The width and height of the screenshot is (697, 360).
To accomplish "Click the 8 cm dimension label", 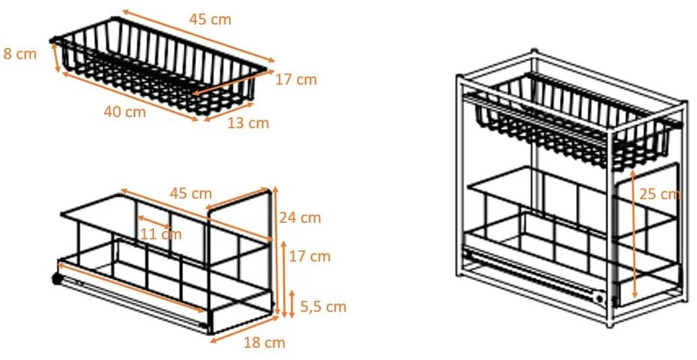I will [20, 54].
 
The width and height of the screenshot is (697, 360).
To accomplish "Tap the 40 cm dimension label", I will [124, 112].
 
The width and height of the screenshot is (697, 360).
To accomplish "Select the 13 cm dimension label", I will [248, 122].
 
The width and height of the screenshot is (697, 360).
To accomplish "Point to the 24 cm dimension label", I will [300, 218].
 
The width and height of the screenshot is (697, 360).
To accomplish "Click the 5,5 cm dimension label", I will [322, 306].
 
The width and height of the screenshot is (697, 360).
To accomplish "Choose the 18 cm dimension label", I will [264, 342].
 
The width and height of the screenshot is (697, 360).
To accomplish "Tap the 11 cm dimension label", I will [162, 234].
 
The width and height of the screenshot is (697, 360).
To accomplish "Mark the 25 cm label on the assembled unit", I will [659, 194].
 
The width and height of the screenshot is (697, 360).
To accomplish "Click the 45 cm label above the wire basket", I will [210, 19].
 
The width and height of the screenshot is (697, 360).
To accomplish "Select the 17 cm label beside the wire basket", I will [296, 79].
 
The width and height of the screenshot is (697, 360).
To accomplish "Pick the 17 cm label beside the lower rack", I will [310, 256].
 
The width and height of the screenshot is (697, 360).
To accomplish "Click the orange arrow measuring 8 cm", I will [56, 58].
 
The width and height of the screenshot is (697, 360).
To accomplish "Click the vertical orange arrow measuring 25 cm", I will [634, 234].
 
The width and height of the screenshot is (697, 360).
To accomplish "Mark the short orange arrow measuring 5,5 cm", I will [291, 303].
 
